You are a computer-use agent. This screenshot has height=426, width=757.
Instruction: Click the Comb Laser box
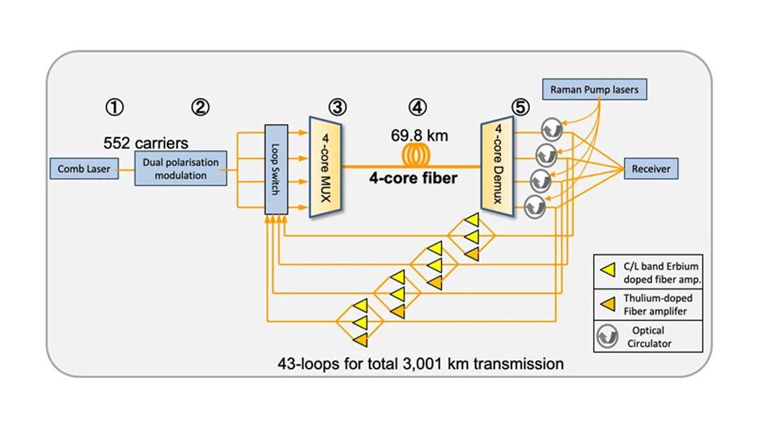point(84,169)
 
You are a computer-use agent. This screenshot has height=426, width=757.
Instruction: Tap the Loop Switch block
point(276,170)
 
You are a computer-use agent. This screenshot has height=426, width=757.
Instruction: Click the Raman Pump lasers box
point(594,90)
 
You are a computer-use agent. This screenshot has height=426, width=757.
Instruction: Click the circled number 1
point(115,108)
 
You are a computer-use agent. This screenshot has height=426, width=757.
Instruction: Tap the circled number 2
point(199,108)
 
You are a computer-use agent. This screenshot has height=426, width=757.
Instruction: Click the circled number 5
point(520,108)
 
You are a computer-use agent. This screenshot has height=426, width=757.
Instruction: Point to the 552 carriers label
point(146,142)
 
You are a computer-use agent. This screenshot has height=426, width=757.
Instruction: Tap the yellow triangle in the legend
point(609,272)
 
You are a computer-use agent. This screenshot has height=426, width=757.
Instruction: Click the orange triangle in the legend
point(609,304)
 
